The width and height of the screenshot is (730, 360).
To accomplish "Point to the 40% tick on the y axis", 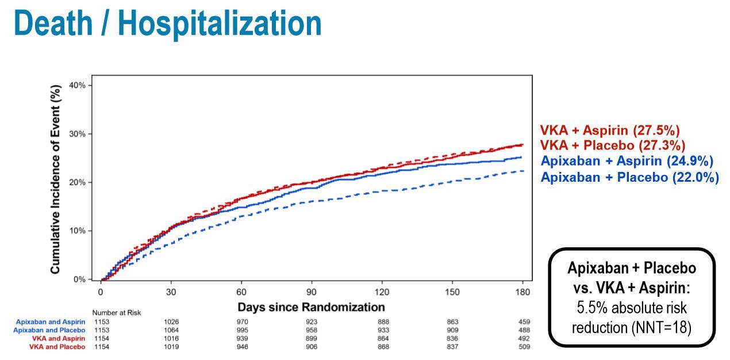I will (77, 85).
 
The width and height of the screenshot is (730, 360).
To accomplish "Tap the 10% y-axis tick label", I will (77, 231).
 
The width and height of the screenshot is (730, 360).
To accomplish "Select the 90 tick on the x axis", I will (312, 292).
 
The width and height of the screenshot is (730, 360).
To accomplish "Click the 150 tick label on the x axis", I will (452, 292).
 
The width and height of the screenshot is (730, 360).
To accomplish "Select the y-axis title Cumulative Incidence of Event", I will (56, 181).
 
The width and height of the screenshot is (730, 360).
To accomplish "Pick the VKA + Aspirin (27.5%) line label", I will (610, 131).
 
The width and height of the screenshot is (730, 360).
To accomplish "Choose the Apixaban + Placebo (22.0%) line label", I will (629, 177).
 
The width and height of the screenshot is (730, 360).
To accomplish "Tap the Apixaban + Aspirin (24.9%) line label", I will (627, 161).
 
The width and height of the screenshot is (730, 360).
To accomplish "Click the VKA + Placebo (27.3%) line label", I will (612, 146).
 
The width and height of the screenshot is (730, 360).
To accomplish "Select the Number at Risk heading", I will (117, 313).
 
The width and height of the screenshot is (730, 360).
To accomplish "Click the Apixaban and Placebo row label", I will (49, 330).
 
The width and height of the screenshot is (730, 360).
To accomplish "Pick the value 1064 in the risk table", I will (171, 330).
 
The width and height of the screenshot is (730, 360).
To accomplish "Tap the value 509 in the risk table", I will (523, 347).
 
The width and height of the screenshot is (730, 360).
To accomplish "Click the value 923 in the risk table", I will (312, 321).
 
